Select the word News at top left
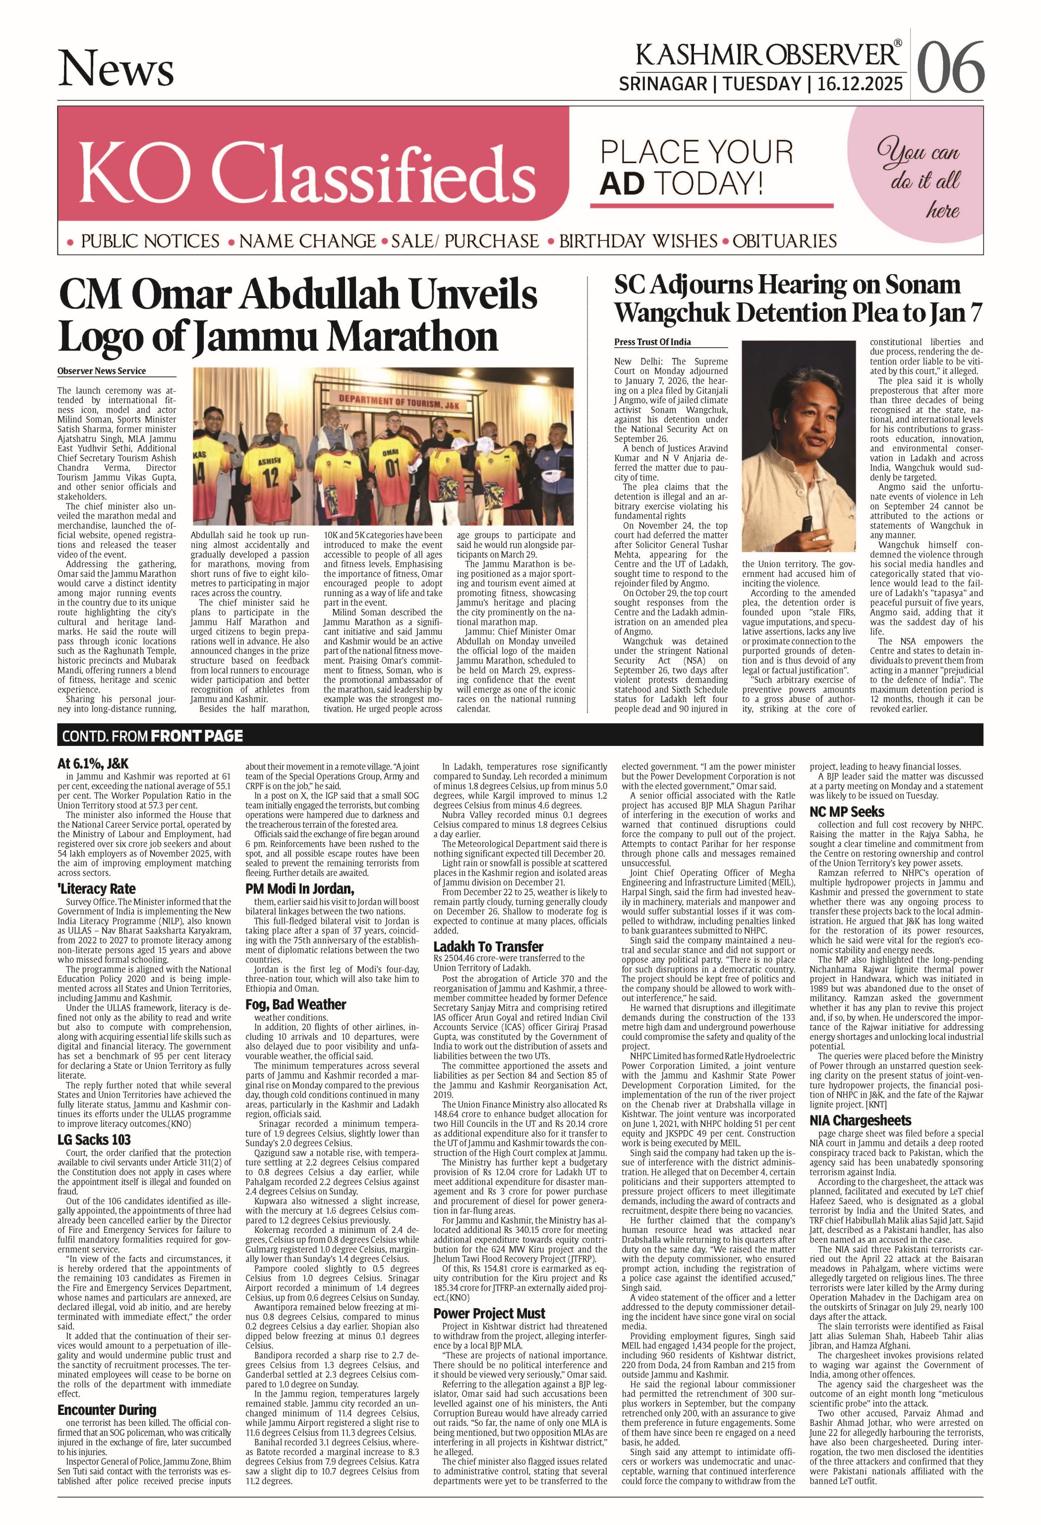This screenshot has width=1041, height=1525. (x=116, y=69)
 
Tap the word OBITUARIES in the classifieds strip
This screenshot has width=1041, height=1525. (x=785, y=242)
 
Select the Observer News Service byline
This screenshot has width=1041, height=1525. (x=102, y=371)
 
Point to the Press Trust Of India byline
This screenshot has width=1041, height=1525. (x=653, y=342)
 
